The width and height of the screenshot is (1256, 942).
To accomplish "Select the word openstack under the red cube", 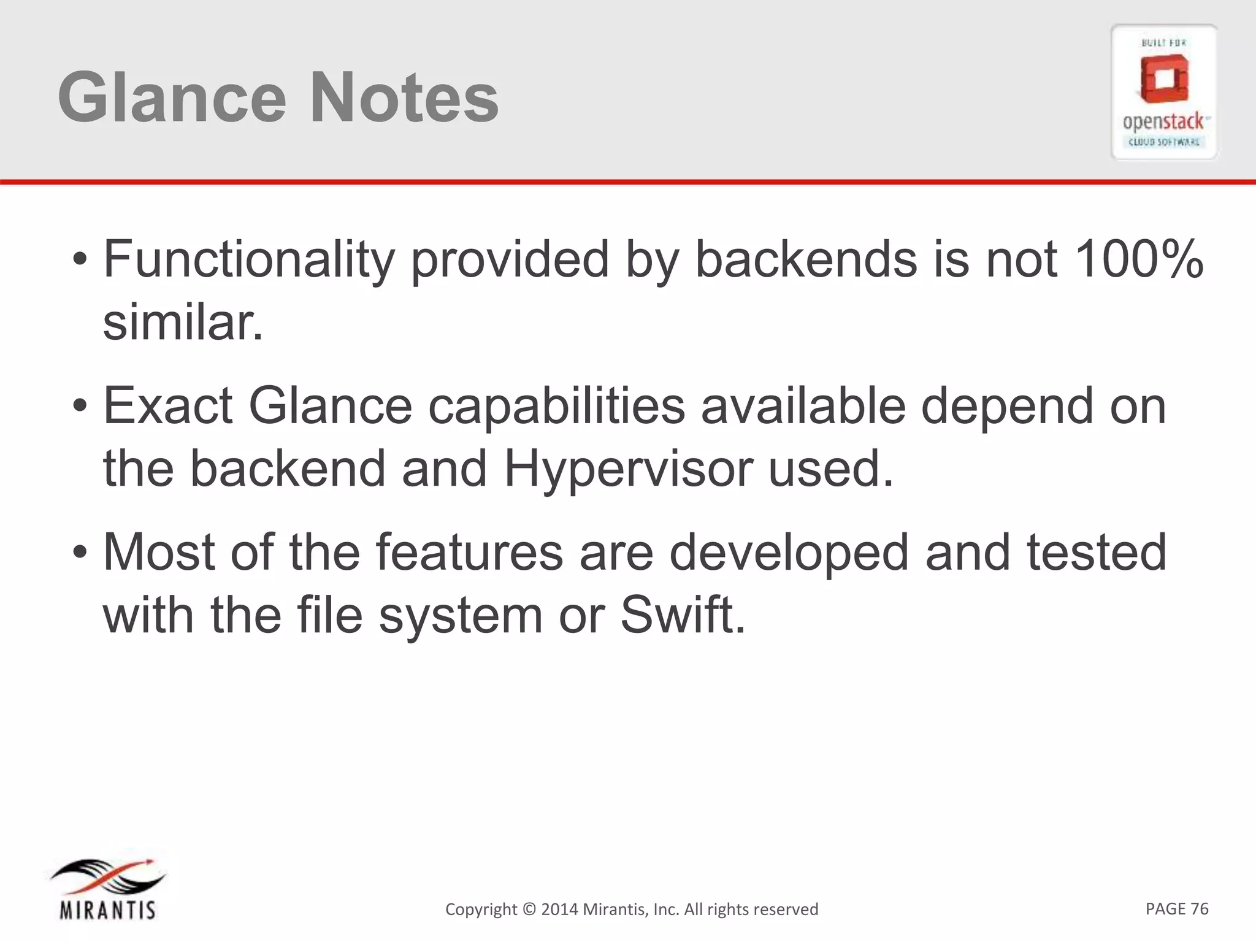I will (x=1163, y=121).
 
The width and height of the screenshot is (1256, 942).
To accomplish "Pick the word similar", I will (x=183, y=323).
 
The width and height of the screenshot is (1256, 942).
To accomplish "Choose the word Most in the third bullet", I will (x=159, y=551).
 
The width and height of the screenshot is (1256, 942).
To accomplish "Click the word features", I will (x=469, y=551).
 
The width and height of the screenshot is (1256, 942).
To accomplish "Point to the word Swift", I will (x=683, y=615).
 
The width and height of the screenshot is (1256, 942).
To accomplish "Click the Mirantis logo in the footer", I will (x=107, y=890).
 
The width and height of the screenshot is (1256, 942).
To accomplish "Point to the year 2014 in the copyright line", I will (x=559, y=909).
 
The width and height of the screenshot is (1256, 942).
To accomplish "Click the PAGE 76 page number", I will (x=1176, y=908).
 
